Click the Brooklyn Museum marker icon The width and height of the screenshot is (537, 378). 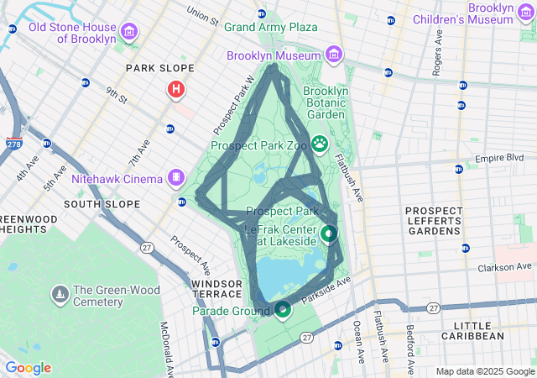point(334,55)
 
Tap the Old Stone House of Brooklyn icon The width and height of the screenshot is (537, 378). point(129,33)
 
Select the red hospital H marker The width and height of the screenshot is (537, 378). point(176,89)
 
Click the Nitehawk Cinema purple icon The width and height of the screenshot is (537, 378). point(175,177)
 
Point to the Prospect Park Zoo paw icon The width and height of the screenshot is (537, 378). point(320,144)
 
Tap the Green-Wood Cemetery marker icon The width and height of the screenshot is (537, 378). point(60,295)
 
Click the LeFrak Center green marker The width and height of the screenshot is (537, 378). point(329,234)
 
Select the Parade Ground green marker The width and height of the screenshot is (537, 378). point(283,311)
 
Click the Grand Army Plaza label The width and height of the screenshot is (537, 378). point(270,27)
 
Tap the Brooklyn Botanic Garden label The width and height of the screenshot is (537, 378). point(324,102)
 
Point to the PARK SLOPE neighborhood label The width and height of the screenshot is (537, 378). point(159,68)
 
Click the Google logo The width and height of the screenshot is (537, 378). point(28,368)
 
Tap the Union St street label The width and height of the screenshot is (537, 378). point(202,14)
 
